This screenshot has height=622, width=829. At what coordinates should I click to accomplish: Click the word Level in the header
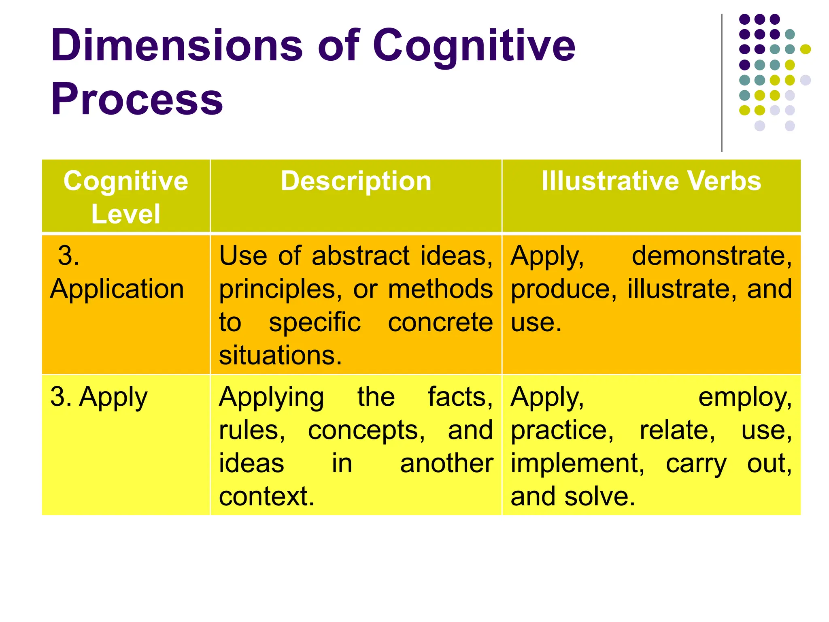(x=125, y=214)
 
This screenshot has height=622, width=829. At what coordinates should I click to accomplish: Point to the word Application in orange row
(x=117, y=289)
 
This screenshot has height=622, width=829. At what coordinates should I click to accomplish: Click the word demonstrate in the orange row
(x=711, y=256)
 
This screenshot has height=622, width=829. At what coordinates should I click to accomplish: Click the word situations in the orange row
(x=280, y=356)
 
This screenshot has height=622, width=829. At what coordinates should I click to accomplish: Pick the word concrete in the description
(x=440, y=322)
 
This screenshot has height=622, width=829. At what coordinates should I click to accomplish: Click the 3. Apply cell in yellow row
(x=99, y=397)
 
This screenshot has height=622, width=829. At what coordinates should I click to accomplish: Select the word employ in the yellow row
(x=745, y=397)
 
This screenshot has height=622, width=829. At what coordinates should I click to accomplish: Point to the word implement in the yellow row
(x=577, y=463)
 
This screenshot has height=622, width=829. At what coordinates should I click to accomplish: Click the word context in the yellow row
(x=266, y=496)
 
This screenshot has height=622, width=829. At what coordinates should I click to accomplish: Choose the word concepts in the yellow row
(x=366, y=430)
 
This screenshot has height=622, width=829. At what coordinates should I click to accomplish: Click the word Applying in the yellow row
(x=271, y=397)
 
